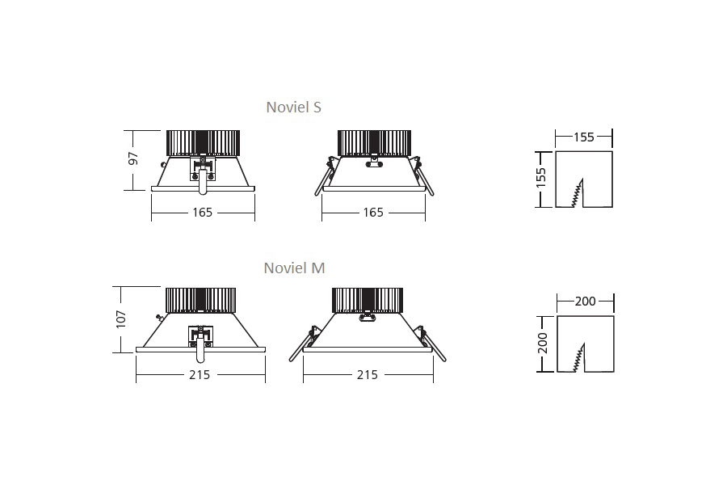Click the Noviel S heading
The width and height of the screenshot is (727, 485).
click(x=294, y=107)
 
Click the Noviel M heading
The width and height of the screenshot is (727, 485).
click(x=294, y=268)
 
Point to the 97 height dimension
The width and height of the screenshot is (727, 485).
click(x=134, y=158)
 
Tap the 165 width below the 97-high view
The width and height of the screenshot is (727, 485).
click(x=202, y=213)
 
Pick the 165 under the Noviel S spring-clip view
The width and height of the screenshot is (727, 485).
click(x=373, y=213)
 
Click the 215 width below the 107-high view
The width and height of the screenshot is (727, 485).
click(x=200, y=374)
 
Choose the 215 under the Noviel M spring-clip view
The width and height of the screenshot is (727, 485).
click(x=368, y=374)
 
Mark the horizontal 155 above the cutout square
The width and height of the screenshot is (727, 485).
click(x=583, y=137)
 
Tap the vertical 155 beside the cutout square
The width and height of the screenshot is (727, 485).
click(x=542, y=177)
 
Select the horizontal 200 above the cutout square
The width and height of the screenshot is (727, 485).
click(x=585, y=302)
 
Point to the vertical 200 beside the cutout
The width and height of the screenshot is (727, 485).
click(x=543, y=343)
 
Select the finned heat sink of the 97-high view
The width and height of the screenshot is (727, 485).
click(x=203, y=143)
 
